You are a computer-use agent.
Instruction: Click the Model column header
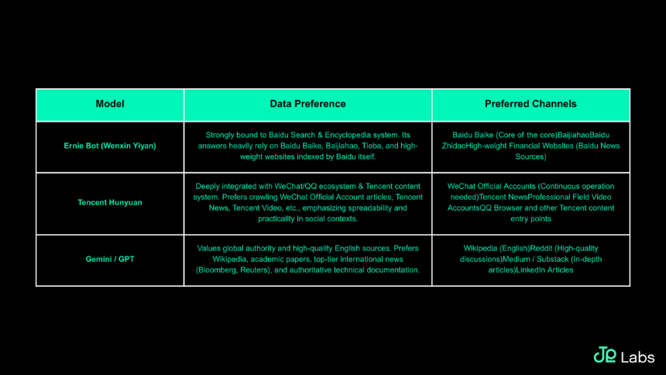click(x=110, y=104)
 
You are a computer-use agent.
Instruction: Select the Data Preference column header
click(x=308, y=104)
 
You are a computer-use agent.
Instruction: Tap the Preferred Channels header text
click(x=530, y=104)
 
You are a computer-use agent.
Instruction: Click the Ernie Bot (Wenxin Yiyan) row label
click(x=110, y=146)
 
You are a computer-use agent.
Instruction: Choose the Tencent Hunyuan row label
click(x=110, y=202)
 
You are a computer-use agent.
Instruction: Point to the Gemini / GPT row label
click(x=110, y=259)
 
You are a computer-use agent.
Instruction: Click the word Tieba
click(x=372, y=146)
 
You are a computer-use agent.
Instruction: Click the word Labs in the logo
click(x=637, y=358)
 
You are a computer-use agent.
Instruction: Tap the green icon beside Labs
click(x=605, y=355)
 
